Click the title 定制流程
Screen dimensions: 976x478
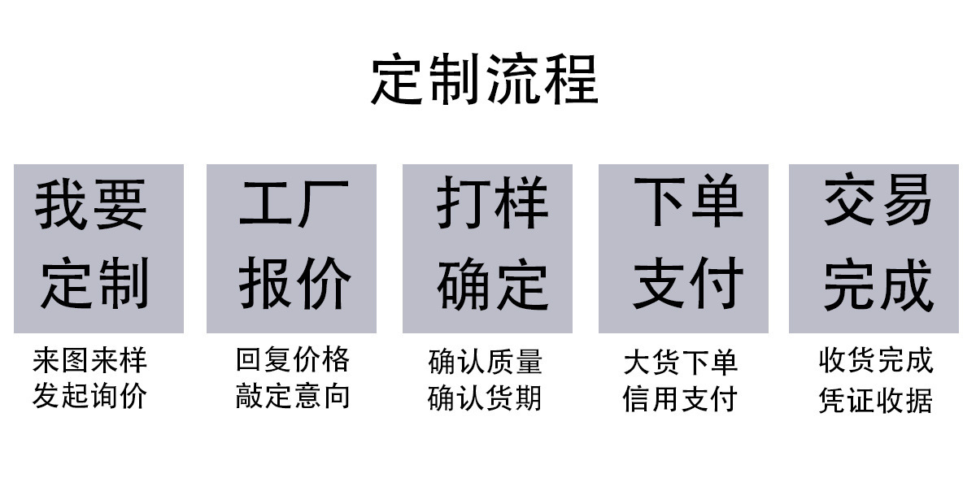[485, 79]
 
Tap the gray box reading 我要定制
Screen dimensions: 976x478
[99, 249]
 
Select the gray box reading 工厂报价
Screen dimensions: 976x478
[291, 249]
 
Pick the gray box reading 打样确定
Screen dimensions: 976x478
[487, 249]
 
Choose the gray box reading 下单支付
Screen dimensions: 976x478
[684, 249]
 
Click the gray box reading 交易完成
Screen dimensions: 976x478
[874, 249]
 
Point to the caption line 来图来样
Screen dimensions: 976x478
[89, 360]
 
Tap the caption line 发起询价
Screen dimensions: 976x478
[89, 396]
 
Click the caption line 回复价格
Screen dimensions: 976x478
[293, 359]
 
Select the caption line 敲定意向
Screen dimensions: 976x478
[293, 396]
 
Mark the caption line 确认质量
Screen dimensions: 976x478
[486, 362]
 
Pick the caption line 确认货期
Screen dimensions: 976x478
[485, 398]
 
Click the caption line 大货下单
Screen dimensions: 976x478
[681, 363]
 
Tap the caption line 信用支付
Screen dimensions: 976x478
[680, 399]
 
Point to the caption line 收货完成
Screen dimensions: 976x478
[876, 360]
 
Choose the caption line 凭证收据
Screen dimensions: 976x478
[876, 400]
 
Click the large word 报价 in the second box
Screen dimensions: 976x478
[295, 283]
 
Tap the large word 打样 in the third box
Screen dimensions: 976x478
[492, 202]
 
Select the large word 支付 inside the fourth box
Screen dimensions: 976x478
[688, 283]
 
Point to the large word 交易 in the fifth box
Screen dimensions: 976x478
[878, 199]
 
